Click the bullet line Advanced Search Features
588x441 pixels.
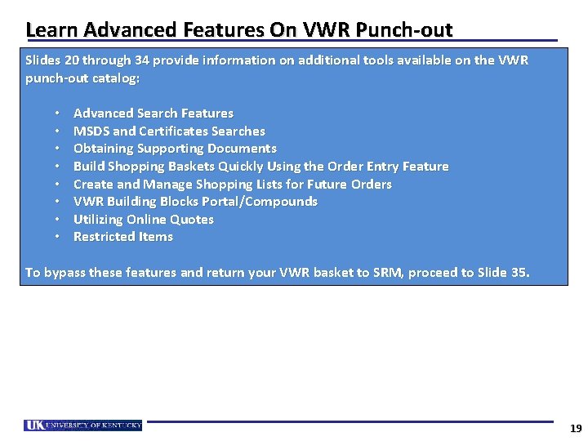pyautogui.click(x=153, y=114)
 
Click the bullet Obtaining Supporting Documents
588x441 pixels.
pyautogui.click(x=175, y=149)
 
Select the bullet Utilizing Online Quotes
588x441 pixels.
pyautogui.click(x=143, y=219)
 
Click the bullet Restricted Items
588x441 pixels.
pyautogui.click(x=122, y=237)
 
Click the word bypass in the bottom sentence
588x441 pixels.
pyautogui.click(x=64, y=273)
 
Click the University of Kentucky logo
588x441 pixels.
pyautogui.click(x=83, y=425)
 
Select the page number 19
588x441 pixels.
pyautogui.click(x=575, y=429)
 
